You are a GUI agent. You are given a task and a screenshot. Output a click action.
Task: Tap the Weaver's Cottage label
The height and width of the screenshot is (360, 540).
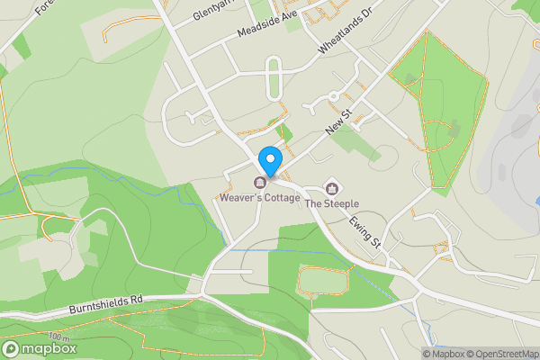pyautogui.click(x=259, y=196)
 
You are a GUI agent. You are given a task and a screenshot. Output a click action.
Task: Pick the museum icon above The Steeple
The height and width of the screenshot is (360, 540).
pyautogui.click(x=332, y=188)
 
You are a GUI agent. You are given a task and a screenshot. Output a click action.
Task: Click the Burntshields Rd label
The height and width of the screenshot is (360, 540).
pyautogui.click(x=106, y=303)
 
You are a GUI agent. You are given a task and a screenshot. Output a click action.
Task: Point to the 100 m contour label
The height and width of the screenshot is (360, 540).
pyautogui.click(x=59, y=337)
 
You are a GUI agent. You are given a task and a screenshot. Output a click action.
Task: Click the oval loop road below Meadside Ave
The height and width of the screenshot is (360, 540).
pyautogui.click(x=274, y=76)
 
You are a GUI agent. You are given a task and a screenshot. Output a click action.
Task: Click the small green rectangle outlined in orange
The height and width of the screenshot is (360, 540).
pyautogui.click(x=323, y=281)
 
